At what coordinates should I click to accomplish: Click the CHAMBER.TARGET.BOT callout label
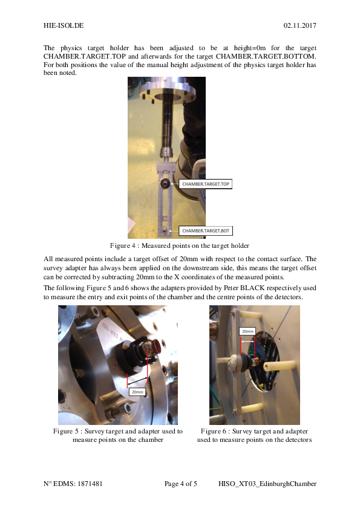click(206, 231)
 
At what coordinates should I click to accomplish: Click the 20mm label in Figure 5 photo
click(137, 392)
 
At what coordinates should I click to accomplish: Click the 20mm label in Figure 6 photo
click(247, 331)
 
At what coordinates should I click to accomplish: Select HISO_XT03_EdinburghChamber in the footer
click(267, 484)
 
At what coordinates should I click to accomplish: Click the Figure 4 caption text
click(180, 245)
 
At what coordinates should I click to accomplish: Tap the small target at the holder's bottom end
click(164, 230)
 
